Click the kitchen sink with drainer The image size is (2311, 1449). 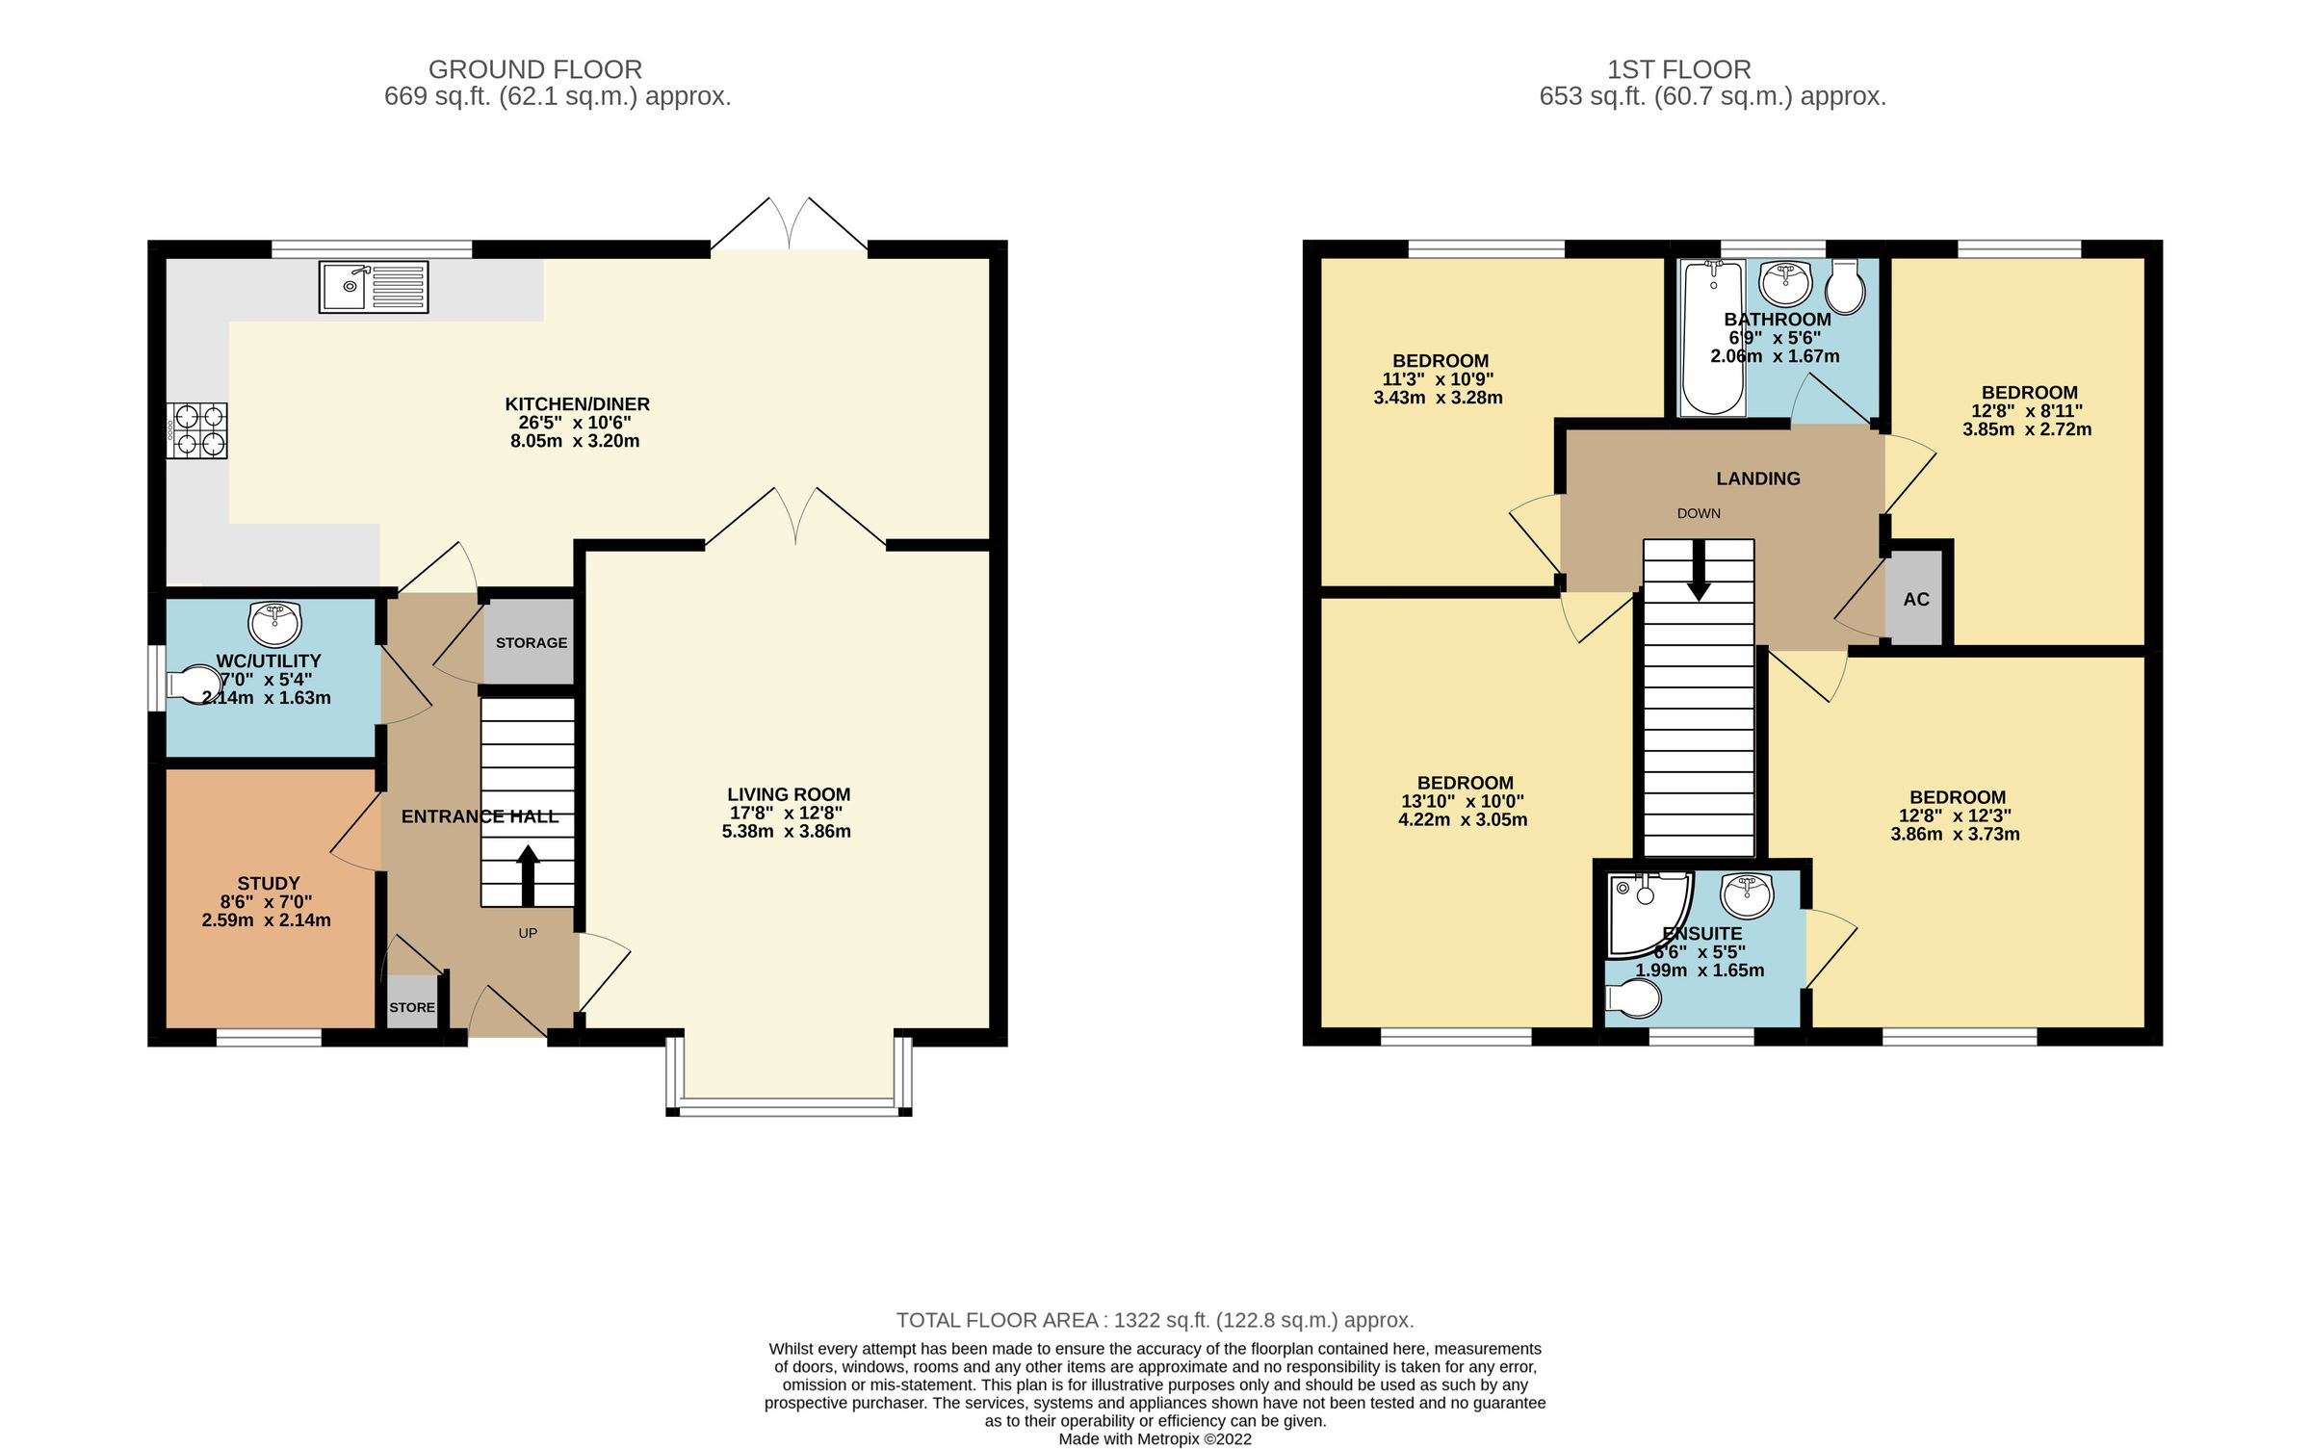pyautogui.click(x=374, y=287)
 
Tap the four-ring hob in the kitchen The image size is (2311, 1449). pyautogui.click(x=197, y=430)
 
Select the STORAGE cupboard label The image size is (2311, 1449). pyautogui.click(x=532, y=643)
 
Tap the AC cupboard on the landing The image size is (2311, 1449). pyautogui.click(x=1915, y=599)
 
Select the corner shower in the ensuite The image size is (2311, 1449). pyautogui.click(x=1645, y=911)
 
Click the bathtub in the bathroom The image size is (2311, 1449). pyautogui.click(x=1712, y=337)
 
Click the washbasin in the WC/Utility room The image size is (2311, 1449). pyautogui.click(x=274, y=624)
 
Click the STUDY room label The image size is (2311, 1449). pyautogui.click(x=269, y=883)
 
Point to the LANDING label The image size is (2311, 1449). pyautogui.click(x=1757, y=479)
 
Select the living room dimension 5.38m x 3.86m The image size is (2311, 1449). pyautogui.click(x=786, y=832)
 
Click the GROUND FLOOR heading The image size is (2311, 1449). pyautogui.click(x=535, y=69)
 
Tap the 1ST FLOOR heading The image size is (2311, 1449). pyautogui.click(x=1678, y=69)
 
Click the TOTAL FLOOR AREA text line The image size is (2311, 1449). pyautogui.click(x=1155, y=1320)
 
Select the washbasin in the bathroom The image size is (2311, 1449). pyautogui.click(x=1785, y=281)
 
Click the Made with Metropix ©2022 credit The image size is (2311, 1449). pyautogui.click(x=1155, y=1439)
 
